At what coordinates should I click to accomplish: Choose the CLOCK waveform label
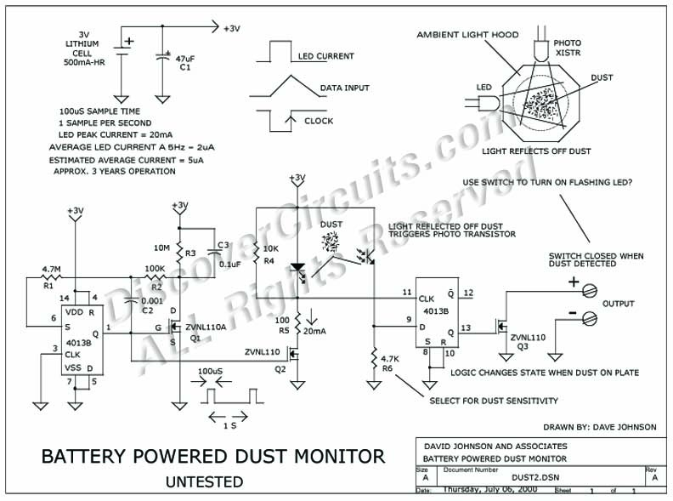tap(319, 121)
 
